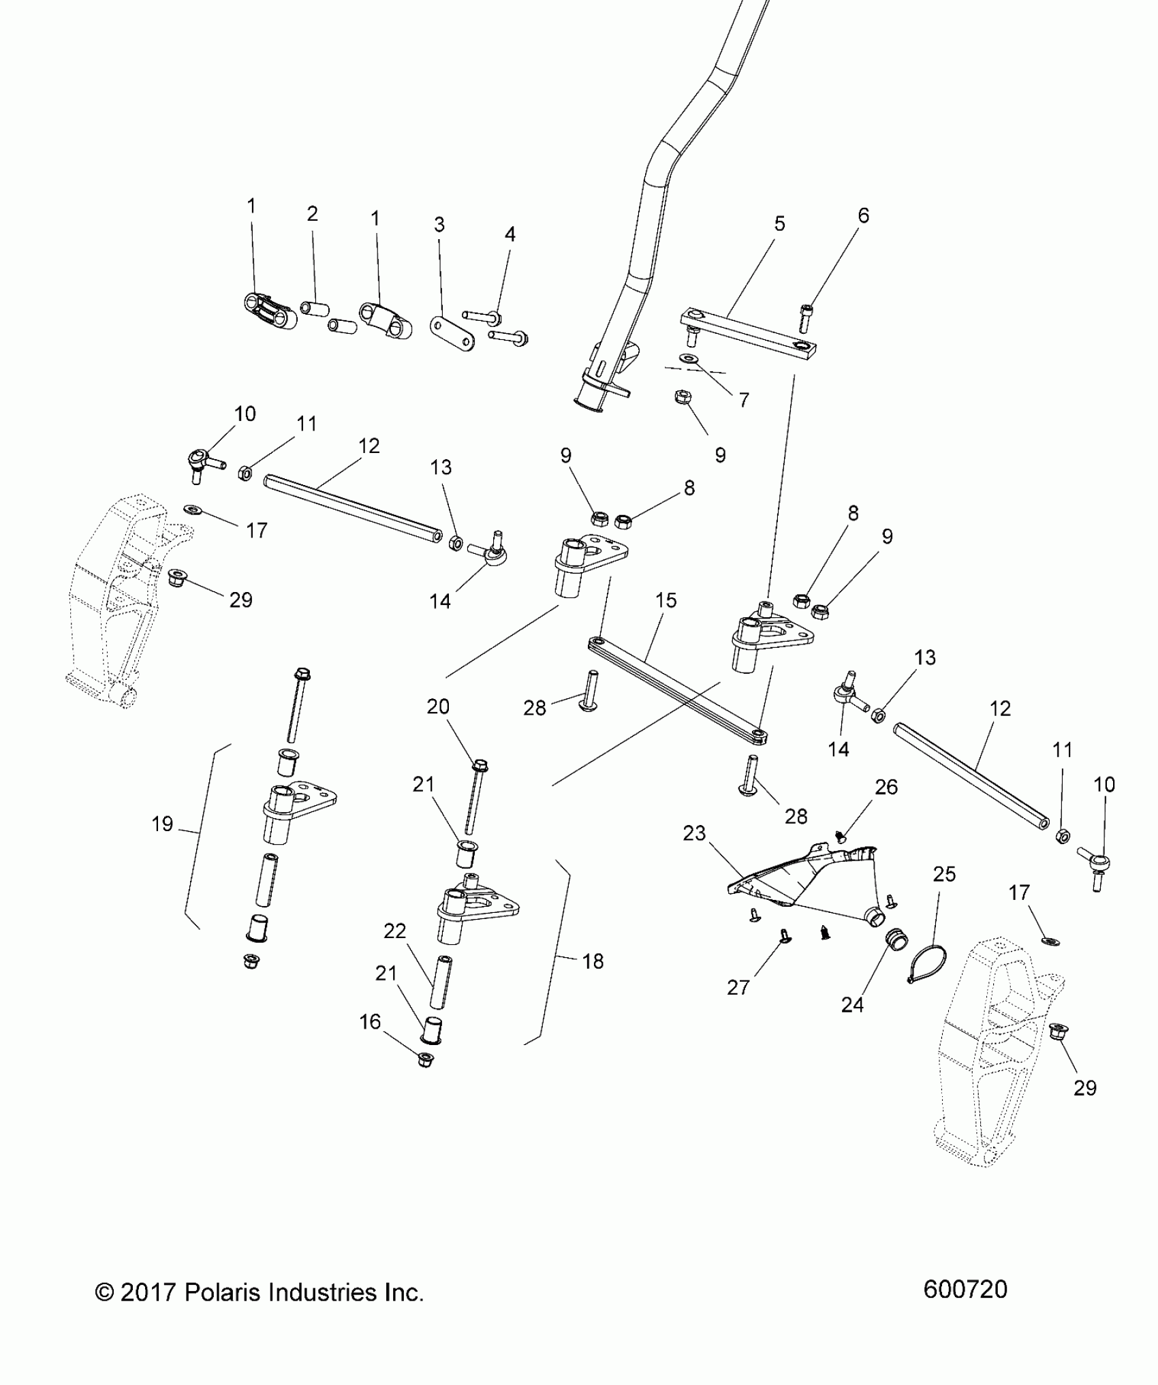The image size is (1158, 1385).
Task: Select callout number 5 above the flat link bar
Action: coord(779,223)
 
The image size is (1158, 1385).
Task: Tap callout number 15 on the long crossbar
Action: coord(666,600)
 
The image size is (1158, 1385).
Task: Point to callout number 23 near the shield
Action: coord(694,833)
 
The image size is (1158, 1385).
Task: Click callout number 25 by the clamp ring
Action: coord(944,874)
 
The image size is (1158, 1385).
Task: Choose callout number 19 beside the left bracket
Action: coord(162,824)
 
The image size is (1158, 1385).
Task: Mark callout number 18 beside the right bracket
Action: coord(593,961)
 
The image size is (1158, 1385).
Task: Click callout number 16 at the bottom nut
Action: coord(370,1041)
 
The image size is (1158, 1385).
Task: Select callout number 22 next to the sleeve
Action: coord(394,931)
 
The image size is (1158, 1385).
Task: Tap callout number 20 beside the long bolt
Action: coord(438,706)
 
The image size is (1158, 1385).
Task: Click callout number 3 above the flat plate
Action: coord(439,224)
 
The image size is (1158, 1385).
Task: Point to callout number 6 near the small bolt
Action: coord(863,216)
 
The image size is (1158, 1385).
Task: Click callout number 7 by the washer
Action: coord(744,400)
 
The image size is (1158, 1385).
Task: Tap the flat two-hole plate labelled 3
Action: coord(453,334)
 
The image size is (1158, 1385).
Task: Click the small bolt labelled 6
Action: coord(804,316)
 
